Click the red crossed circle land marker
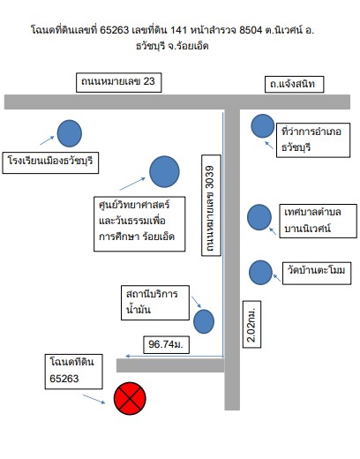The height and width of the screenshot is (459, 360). tap(130, 398)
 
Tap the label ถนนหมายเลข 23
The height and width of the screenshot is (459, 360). tap(119, 82)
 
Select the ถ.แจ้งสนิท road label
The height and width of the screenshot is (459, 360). tap(294, 85)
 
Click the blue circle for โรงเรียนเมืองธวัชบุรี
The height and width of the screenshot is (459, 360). tap(70, 133)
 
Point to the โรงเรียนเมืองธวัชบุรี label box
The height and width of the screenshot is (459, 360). tap(50, 162)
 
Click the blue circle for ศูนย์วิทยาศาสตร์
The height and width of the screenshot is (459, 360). tap(164, 171)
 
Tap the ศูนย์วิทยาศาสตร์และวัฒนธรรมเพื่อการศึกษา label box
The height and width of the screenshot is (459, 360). tap(139, 224)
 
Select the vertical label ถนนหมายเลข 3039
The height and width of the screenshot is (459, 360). tap(211, 206)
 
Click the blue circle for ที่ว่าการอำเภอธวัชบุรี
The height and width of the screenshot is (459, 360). tap(263, 126)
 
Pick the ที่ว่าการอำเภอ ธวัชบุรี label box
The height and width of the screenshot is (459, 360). tap(313, 140)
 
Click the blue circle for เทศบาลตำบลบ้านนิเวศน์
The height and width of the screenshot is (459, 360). tap(259, 217)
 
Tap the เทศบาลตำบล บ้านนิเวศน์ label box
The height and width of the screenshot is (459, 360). tap(318, 221)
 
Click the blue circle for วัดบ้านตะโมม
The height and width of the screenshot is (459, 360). tap(260, 273)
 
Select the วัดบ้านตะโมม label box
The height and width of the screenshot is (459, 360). tap(317, 273)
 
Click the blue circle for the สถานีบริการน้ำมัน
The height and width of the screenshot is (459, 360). tap(204, 321)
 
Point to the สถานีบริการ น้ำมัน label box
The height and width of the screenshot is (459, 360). tap(155, 303)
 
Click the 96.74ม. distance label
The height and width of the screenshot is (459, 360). tap(166, 344)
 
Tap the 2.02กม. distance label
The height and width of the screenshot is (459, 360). tap(251, 324)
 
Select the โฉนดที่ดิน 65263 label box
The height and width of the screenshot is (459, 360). tap(74, 372)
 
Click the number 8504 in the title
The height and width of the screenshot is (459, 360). tap(251, 30)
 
